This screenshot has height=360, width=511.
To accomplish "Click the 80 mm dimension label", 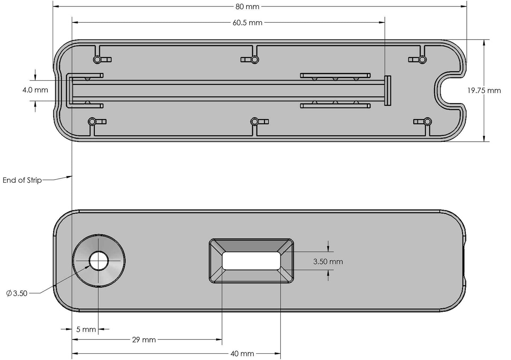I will [247, 6].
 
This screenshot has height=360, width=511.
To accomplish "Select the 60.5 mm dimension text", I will [247, 23].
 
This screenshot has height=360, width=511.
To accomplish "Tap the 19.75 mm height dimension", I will [484, 90].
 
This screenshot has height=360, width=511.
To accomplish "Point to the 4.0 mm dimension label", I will [35, 90].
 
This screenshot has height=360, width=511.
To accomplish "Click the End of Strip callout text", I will [22, 180].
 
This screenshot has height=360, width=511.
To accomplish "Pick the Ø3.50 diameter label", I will [17, 293].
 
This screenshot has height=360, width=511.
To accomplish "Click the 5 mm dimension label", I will [86, 329].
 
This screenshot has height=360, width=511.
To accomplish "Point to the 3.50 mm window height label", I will [328, 261].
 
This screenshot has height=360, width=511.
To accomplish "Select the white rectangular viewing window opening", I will [251, 261].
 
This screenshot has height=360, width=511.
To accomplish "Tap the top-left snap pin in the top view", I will [97, 59].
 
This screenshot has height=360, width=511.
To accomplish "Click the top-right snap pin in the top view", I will [422, 59].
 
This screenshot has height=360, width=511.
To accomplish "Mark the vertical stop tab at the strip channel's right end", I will [388, 90].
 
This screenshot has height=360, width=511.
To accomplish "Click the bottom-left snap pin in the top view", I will [92, 122].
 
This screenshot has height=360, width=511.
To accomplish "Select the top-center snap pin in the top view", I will [254, 59].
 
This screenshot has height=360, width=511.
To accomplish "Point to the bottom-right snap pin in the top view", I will [427, 122].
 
